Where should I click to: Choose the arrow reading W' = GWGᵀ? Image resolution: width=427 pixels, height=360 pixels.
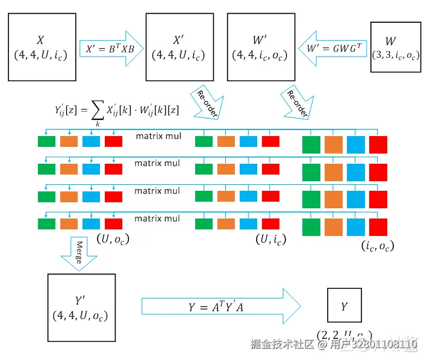330,48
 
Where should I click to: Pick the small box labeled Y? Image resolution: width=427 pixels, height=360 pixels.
344,306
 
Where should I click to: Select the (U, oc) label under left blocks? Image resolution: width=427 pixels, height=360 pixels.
113,238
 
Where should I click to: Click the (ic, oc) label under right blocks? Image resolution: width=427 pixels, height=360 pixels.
377,246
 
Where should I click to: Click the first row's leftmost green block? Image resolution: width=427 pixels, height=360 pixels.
46,142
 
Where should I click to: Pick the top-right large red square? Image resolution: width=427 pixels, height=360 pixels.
378,146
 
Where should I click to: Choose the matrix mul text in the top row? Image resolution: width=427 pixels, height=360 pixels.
157,136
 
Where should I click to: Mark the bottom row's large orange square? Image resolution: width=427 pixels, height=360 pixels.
334,227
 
